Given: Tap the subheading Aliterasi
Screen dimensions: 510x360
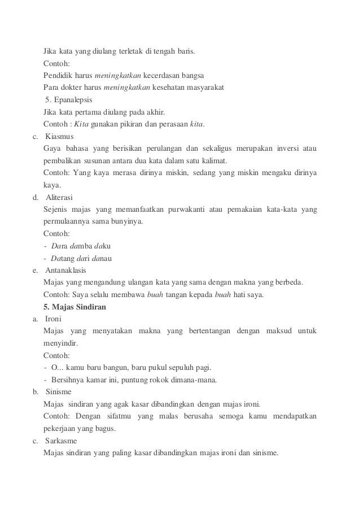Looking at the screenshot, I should (59, 198).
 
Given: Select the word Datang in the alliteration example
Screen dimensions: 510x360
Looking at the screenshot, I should (63, 259).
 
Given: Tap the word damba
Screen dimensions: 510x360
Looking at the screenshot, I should (80, 247).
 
